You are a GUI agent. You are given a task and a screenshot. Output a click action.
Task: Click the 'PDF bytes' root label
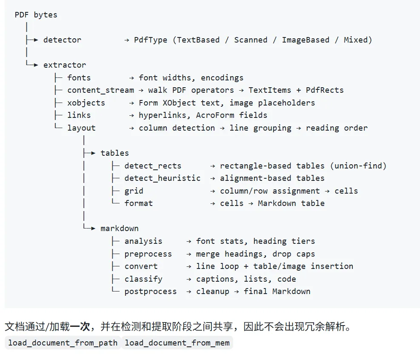[x=36, y=15]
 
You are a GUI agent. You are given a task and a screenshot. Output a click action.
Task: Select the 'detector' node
[x=62, y=40]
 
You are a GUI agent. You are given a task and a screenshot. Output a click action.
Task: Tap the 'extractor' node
[x=65, y=65]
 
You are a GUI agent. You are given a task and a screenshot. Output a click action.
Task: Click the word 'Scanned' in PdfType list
[x=251, y=40]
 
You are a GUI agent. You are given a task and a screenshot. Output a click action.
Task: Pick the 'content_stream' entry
[x=100, y=90]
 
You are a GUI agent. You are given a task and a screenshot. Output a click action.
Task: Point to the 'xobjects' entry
[x=86, y=103]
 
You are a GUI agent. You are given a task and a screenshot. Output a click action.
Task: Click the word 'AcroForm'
[x=215, y=115]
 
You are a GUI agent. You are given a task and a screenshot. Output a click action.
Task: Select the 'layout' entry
[x=81, y=128]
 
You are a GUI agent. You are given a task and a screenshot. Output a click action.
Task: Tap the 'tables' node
[x=114, y=153]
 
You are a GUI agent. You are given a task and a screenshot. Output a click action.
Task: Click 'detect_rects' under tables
[x=153, y=166]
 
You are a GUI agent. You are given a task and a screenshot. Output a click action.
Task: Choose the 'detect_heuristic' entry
[x=162, y=178]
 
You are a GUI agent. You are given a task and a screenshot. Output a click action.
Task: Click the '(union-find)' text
[x=358, y=166]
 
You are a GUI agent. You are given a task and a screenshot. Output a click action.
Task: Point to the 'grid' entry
[x=134, y=191]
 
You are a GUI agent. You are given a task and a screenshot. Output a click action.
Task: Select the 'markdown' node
[x=120, y=229]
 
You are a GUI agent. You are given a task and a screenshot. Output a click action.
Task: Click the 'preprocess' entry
[x=148, y=254]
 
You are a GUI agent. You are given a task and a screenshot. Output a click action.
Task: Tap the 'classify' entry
[x=143, y=279]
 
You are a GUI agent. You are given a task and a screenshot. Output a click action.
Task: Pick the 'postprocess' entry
[x=151, y=291]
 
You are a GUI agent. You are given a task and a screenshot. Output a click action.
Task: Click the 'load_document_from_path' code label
[x=63, y=343]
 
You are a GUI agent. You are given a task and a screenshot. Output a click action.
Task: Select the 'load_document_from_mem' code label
[x=177, y=343]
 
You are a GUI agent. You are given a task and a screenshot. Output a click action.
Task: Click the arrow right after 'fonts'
[x=131, y=78]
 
